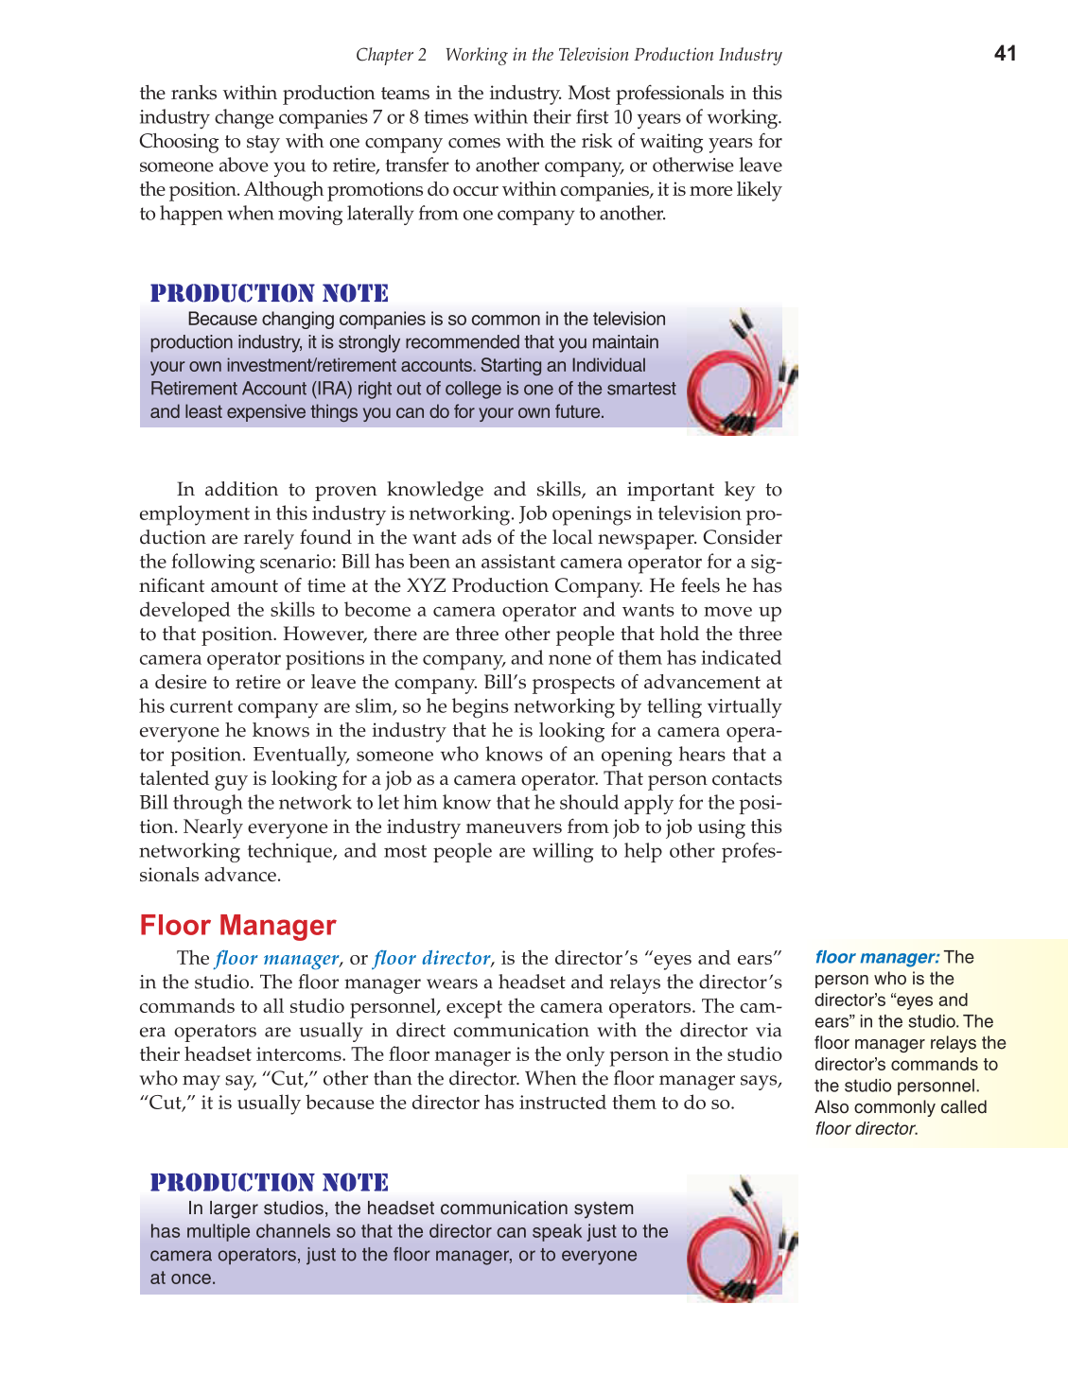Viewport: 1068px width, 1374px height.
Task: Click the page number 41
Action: (1005, 54)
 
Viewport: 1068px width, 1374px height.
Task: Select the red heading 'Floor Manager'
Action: (237, 925)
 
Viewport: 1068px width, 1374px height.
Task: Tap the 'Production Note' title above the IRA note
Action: (270, 293)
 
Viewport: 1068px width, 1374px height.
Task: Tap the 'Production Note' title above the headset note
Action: (270, 1182)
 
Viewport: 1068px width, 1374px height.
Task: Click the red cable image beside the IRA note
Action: (742, 372)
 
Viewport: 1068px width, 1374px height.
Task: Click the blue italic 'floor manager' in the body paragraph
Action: (276, 958)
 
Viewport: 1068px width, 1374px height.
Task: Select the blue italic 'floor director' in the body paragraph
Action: (432, 958)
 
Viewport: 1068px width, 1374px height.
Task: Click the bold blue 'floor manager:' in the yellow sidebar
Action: (877, 957)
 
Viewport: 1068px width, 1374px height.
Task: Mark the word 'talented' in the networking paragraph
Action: (174, 779)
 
